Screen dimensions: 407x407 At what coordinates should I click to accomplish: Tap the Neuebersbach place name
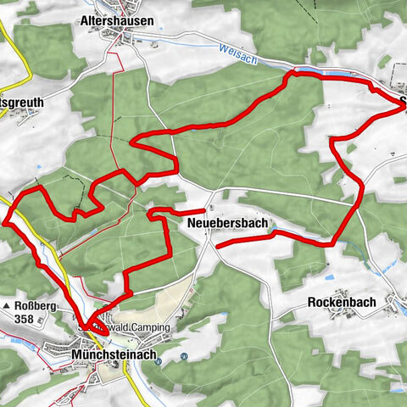[x=226, y=224]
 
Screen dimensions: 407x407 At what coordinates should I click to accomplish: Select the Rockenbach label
[x=342, y=302]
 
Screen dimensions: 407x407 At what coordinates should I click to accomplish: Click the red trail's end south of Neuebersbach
[x=219, y=245]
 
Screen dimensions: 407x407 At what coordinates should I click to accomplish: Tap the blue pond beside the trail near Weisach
[x=331, y=75]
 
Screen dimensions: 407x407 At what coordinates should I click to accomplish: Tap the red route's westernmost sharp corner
[x=6, y=222]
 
